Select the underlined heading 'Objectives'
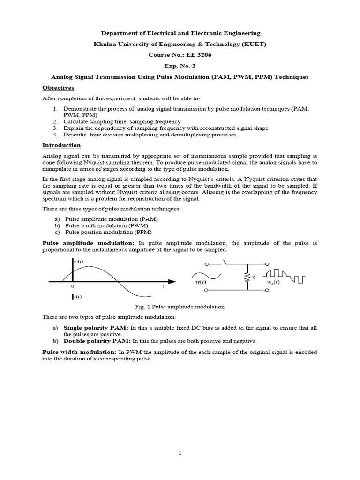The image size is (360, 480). (x=58, y=88)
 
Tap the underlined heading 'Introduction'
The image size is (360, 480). (x=61, y=145)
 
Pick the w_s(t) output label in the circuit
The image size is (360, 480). (x=273, y=282)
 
